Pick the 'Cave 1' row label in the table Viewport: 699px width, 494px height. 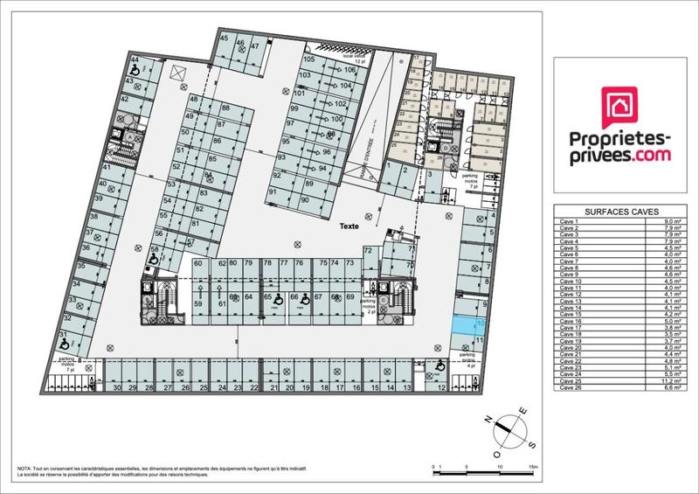point(570,222)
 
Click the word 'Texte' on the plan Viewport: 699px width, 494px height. point(351,226)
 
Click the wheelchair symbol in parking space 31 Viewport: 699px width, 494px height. point(64,345)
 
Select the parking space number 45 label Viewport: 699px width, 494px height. point(225,39)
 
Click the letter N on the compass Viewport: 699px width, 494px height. point(492,418)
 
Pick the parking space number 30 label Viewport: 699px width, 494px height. point(116,387)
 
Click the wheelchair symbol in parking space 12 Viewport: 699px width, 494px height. point(437,369)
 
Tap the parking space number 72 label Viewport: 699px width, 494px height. point(368,251)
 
